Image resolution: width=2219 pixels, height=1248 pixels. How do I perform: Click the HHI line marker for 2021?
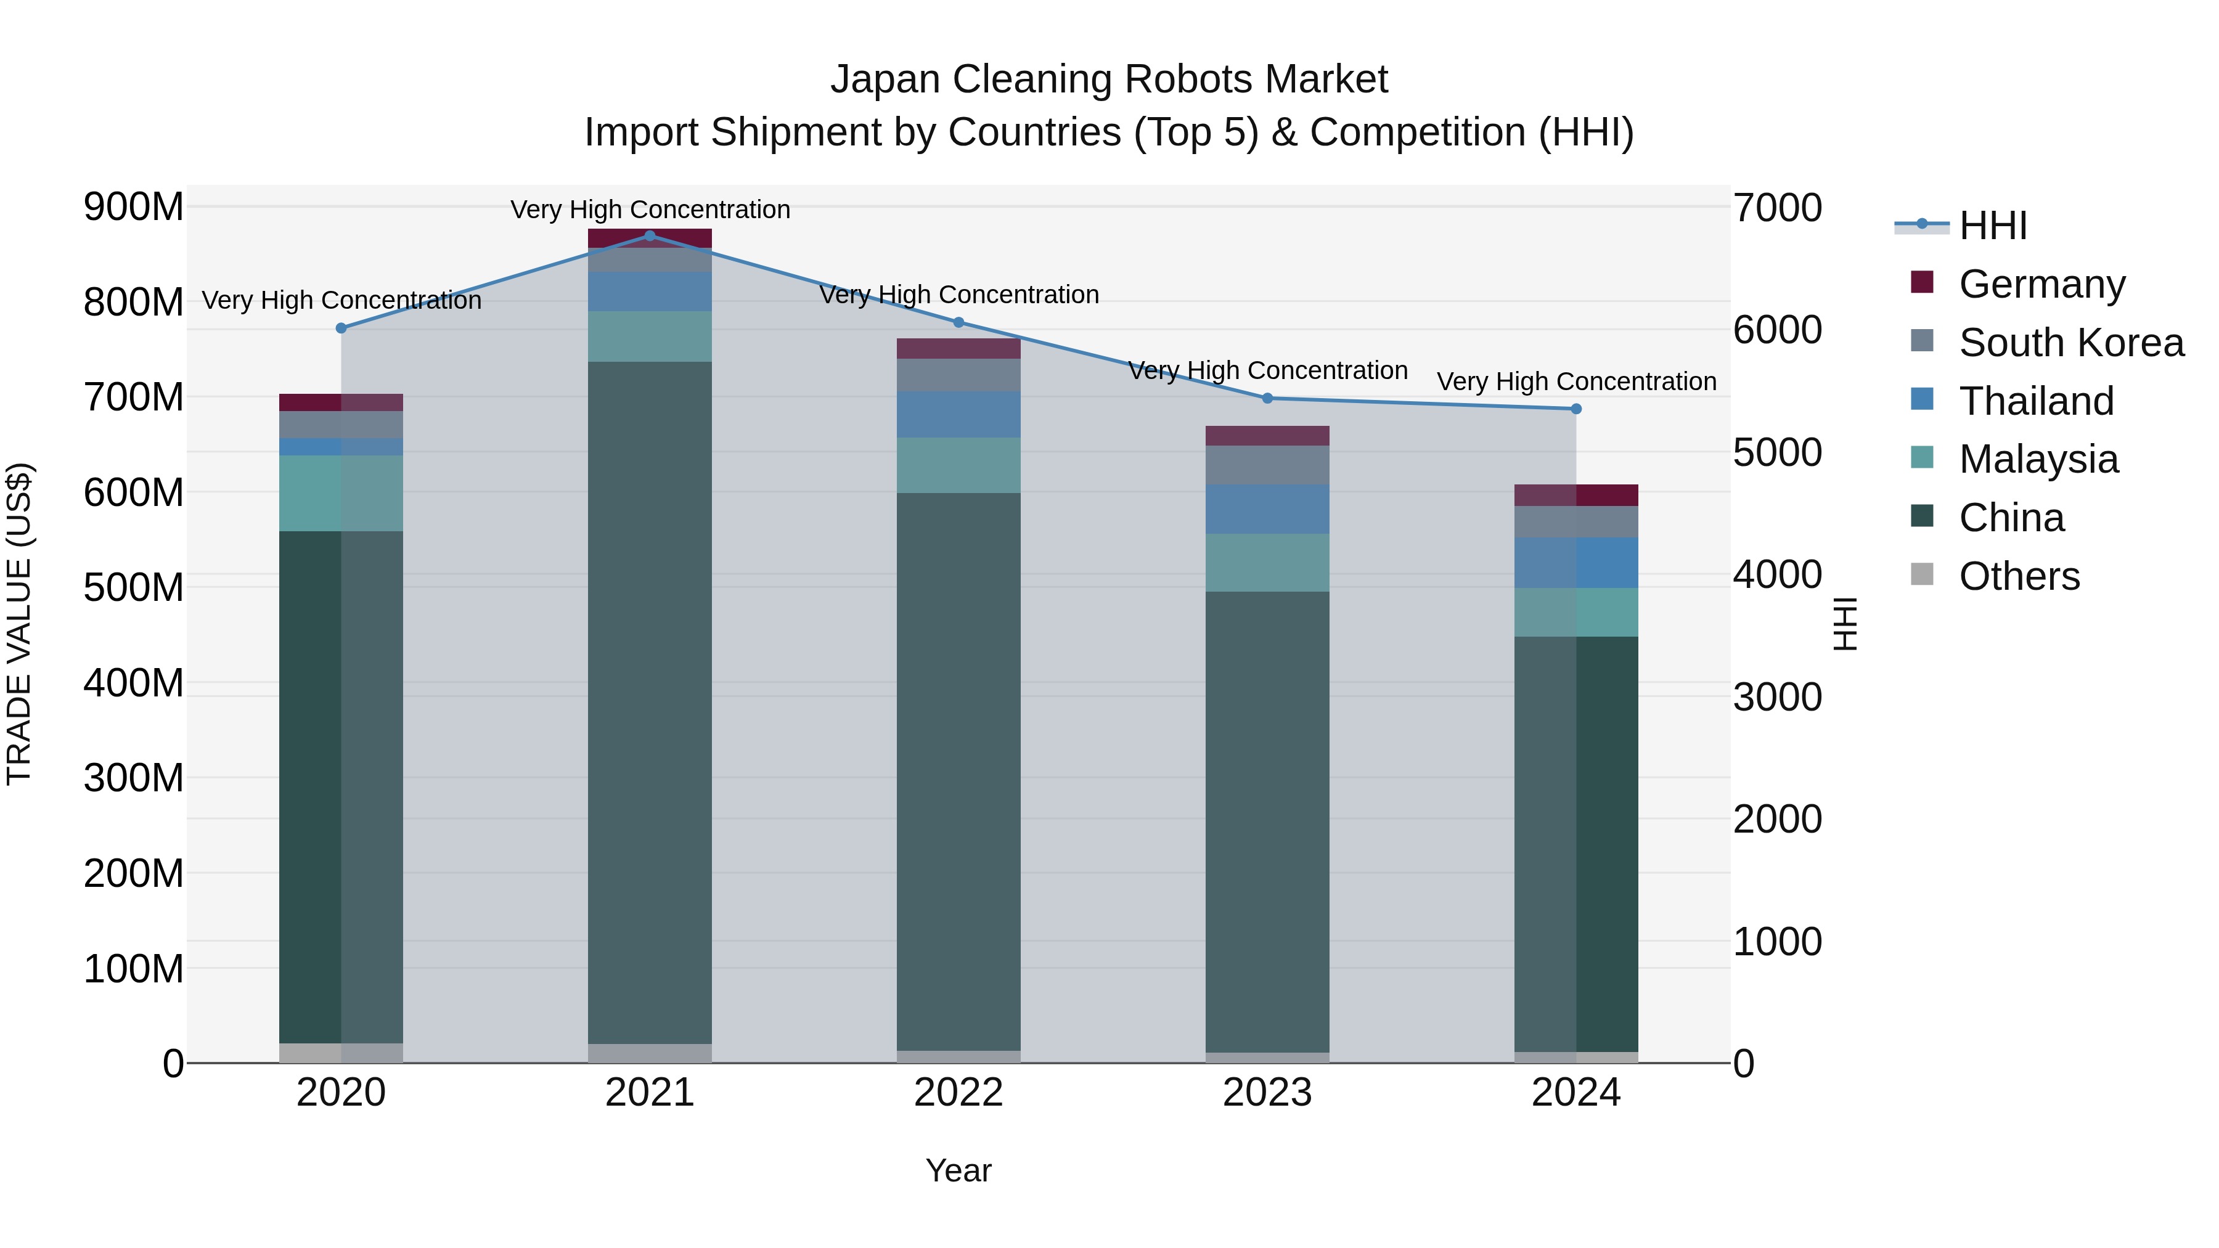point(650,235)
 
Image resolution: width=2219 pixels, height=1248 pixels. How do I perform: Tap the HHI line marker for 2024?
point(1576,409)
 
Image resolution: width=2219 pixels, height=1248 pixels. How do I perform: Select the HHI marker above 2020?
point(341,328)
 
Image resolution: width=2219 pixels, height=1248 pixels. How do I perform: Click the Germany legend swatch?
point(1922,282)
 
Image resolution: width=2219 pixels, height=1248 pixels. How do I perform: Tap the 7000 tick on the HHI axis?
point(1777,208)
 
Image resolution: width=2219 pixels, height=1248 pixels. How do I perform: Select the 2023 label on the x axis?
point(1267,1093)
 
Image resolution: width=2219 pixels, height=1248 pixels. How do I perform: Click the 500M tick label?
point(134,587)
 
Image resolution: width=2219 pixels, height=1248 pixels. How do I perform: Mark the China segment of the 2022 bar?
point(958,771)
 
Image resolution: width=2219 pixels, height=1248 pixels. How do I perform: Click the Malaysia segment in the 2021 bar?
point(650,336)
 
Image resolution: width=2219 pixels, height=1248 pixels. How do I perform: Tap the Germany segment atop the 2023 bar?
point(1267,435)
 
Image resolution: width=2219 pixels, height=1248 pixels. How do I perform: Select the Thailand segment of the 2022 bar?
point(958,414)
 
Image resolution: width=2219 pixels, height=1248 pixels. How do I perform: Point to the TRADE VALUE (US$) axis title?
point(19,624)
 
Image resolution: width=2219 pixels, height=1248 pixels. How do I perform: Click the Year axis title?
point(958,1170)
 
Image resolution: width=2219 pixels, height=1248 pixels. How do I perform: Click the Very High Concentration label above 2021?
point(650,210)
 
